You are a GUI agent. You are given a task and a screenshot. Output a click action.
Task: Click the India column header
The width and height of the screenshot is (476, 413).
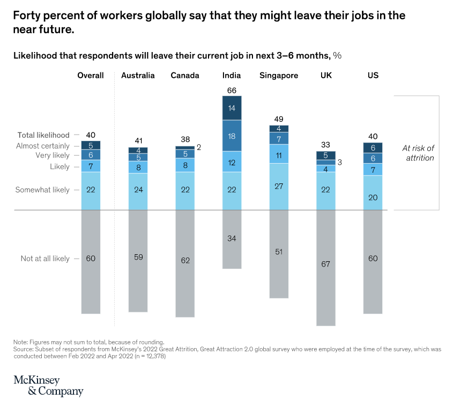click(232, 76)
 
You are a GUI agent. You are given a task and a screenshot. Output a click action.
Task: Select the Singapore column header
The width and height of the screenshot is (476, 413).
click(279, 76)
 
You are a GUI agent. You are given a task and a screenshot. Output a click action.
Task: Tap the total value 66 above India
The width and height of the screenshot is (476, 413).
click(232, 91)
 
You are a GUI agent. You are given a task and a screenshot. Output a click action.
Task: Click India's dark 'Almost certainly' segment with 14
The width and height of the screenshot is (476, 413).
click(232, 108)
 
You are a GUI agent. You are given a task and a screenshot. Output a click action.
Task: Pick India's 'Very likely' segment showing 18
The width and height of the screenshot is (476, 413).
click(232, 136)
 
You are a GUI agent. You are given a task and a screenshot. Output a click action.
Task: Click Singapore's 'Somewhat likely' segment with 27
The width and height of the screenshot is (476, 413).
click(279, 186)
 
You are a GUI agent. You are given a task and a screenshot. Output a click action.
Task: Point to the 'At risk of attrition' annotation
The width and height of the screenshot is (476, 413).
click(418, 153)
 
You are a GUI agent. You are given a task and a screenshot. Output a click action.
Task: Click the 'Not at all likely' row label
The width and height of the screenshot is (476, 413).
click(45, 259)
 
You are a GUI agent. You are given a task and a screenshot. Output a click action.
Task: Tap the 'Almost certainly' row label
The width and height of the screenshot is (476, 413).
click(43, 146)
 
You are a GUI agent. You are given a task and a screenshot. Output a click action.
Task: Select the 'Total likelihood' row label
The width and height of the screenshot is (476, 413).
click(43, 135)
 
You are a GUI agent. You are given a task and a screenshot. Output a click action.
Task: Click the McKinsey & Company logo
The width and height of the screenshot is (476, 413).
click(48, 386)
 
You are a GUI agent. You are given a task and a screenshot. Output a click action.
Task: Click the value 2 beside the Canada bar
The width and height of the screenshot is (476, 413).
click(198, 147)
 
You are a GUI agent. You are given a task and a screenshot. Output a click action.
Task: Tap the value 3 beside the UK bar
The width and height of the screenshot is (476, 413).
click(339, 162)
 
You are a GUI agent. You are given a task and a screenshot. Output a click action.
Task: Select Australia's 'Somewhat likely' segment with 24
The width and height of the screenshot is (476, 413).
click(138, 190)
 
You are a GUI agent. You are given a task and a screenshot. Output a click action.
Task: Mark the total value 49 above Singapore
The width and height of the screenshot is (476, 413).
click(279, 119)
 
